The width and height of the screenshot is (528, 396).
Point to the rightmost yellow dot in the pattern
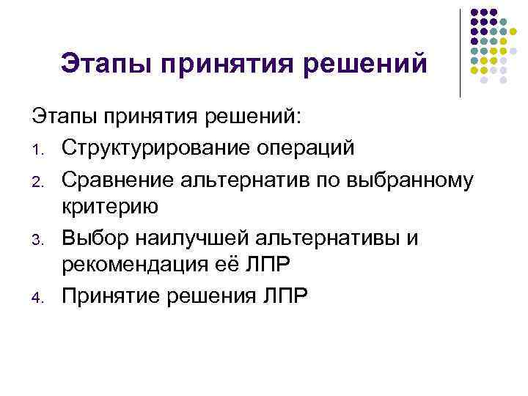tap(507, 51)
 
